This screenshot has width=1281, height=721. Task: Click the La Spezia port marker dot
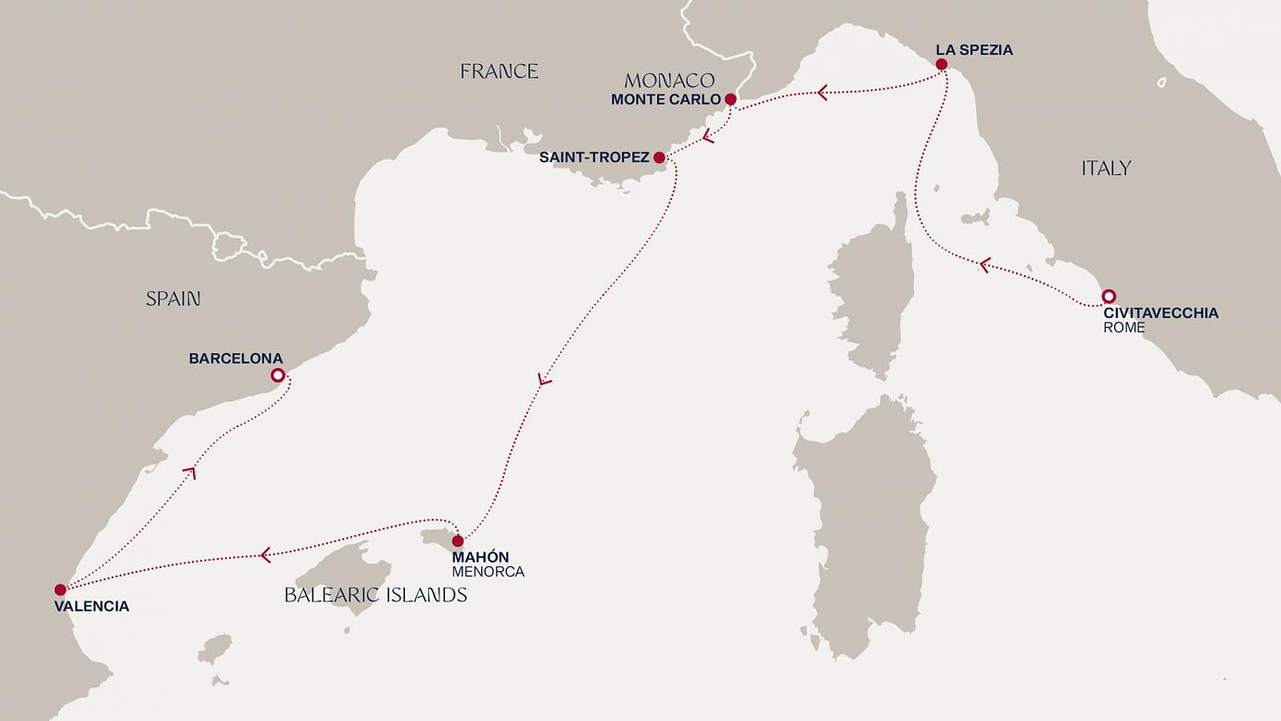point(942,65)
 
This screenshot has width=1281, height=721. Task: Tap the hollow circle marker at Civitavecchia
point(1108,297)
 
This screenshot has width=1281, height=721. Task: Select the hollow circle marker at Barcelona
point(277,375)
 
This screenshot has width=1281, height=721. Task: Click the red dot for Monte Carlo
point(730,99)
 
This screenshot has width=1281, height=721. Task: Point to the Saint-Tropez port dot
point(659,158)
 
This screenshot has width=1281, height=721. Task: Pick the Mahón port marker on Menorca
point(458,540)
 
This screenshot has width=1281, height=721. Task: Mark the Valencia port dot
point(60,589)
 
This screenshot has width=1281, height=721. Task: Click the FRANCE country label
point(499,71)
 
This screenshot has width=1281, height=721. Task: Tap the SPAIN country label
point(172,298)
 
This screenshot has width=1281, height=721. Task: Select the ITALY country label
point(1106,168)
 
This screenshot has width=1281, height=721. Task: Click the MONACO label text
point(668,81)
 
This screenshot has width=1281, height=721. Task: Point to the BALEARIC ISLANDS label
point(375,595)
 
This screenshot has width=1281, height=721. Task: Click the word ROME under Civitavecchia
point(1123,327)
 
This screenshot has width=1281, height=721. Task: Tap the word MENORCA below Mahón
point(488,572)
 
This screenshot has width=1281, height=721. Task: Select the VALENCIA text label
point(91,606)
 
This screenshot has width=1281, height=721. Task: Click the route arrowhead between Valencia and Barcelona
point(190,472)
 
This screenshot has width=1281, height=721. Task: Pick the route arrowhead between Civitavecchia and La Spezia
point(985,266)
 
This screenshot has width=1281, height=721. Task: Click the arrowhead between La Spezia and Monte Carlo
point(821,93)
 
